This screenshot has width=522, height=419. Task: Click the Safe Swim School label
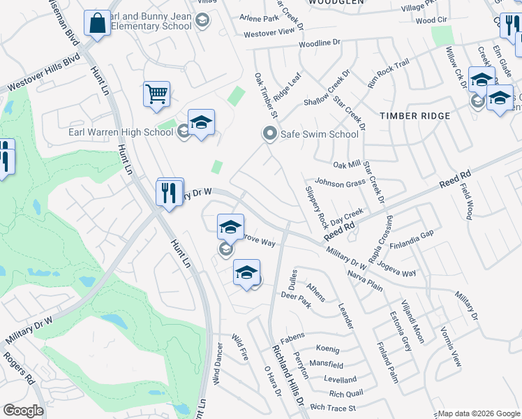tap(319, 133)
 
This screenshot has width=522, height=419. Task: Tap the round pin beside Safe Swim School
tap(269, 133)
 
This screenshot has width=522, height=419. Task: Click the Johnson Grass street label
tap(341, 183)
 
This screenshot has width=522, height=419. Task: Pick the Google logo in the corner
tap(23, 411)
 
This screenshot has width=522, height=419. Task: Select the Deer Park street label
tap(294, 295)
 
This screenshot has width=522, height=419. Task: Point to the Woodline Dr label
tap(319, 43)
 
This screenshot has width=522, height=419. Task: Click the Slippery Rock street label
tap(316, 207)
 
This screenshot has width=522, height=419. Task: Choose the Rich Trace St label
tap(333, 407)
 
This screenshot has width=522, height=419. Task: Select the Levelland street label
tap(341, 379)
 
